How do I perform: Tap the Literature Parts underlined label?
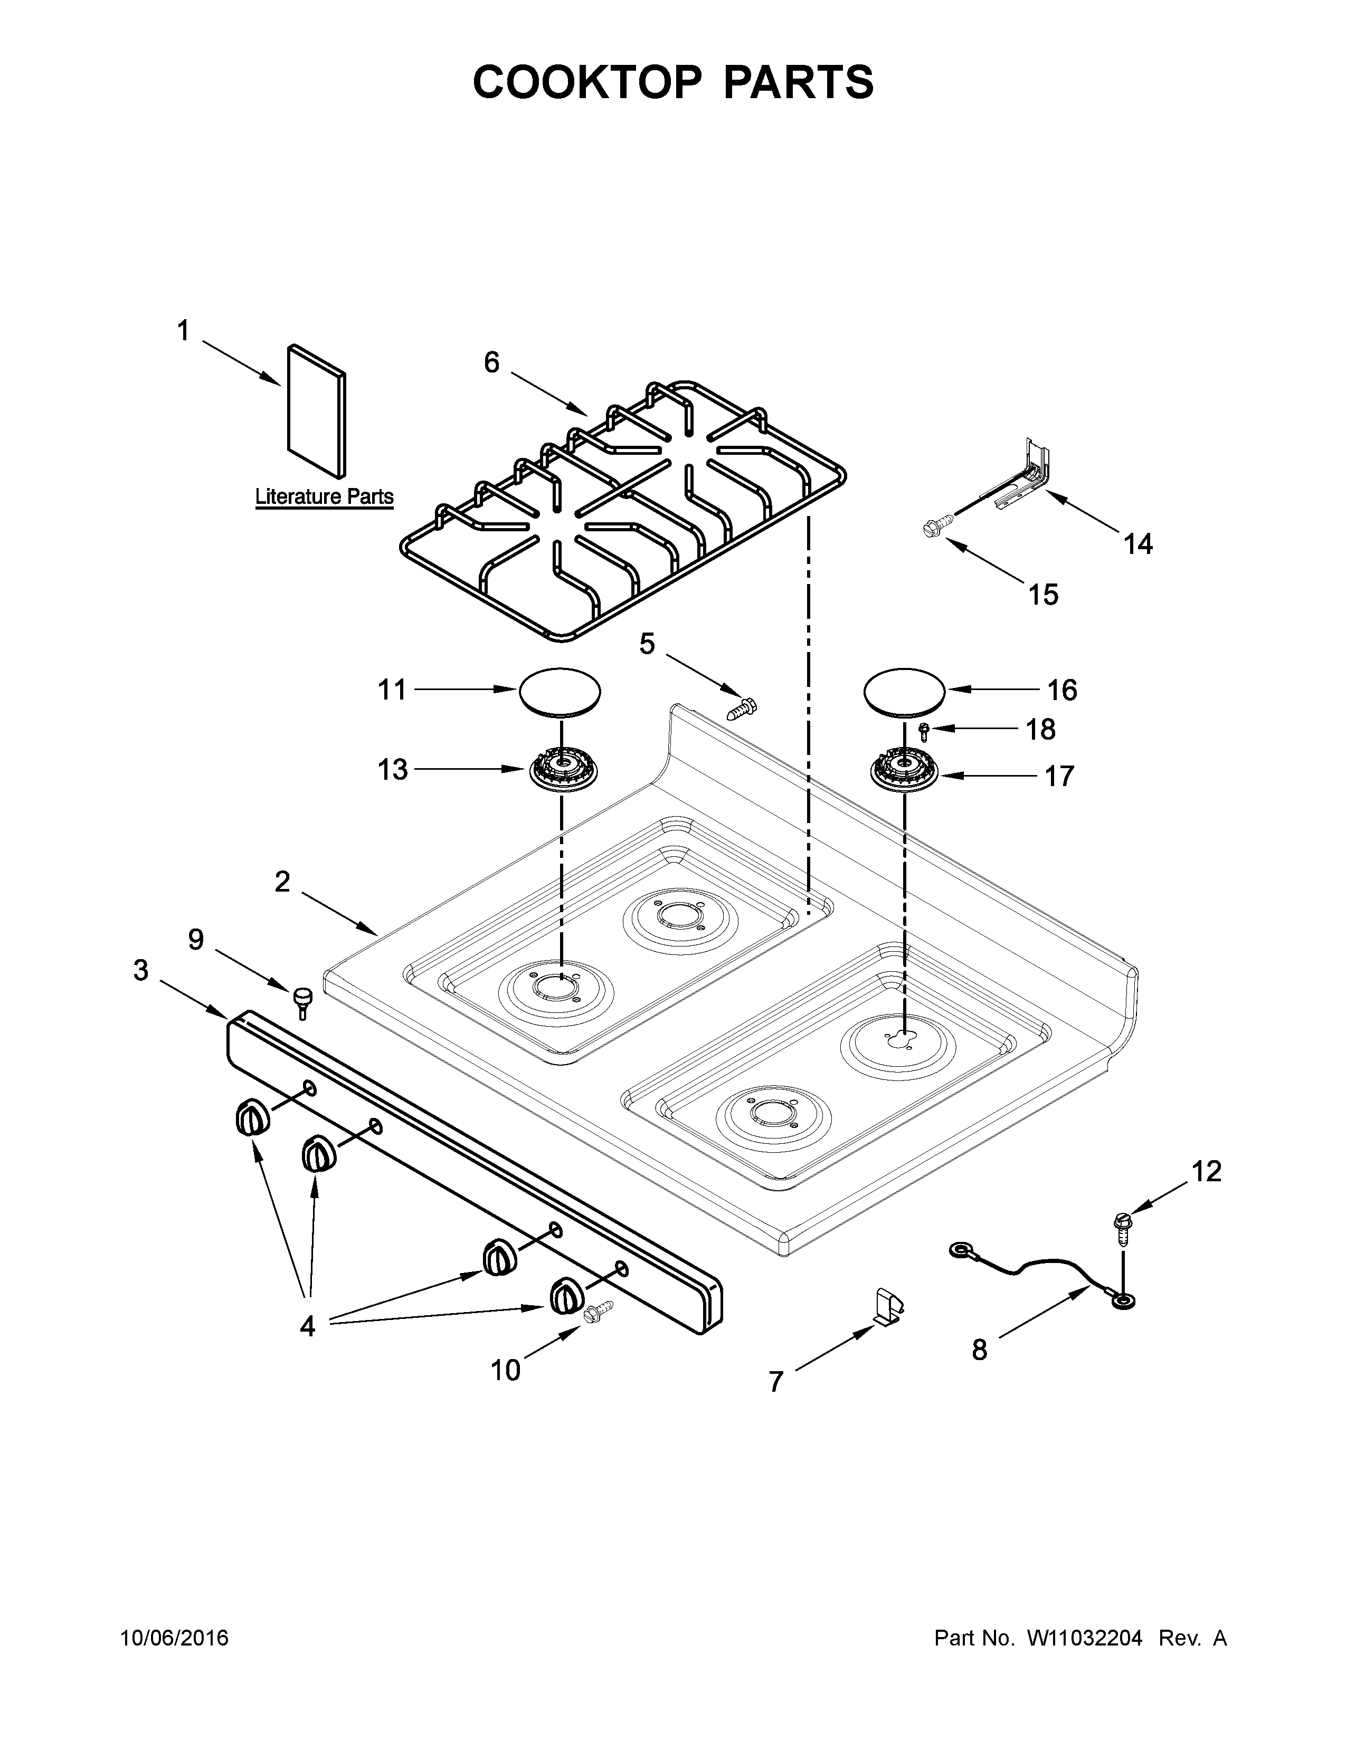coord(324,496)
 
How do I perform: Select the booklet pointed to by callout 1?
coord(317,410)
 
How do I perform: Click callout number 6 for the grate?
coord(492,363)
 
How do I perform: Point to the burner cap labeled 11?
coord(560,691)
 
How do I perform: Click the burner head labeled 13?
coord(563,771)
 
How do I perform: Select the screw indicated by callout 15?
coord(937,527)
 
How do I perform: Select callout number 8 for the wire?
coord(979,1350)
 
